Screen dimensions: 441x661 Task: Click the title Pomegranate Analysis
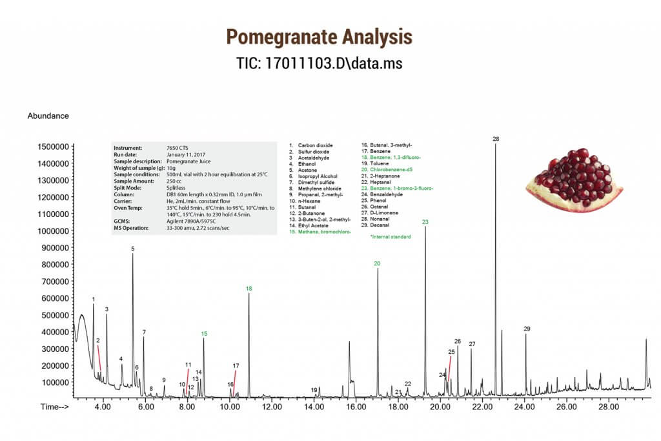(x=330, y=37)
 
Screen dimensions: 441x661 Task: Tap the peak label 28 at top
(x=496, y=139)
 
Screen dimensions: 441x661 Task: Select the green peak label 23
(x=425, y=222)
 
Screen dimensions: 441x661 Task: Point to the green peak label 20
(x=377, y=263)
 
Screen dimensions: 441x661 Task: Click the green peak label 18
(x=249, y=289)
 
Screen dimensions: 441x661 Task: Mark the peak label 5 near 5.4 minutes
(x=133, y=249)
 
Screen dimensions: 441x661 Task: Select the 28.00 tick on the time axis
(x=609, y=407)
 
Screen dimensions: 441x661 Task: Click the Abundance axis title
(x=48, y=116)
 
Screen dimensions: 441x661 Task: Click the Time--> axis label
(x=55, y=407)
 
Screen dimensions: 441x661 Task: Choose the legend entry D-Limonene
(x=384, y=212)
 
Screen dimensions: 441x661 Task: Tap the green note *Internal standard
(x=390, y=237)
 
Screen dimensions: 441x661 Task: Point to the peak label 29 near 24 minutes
(x=527, y=329)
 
